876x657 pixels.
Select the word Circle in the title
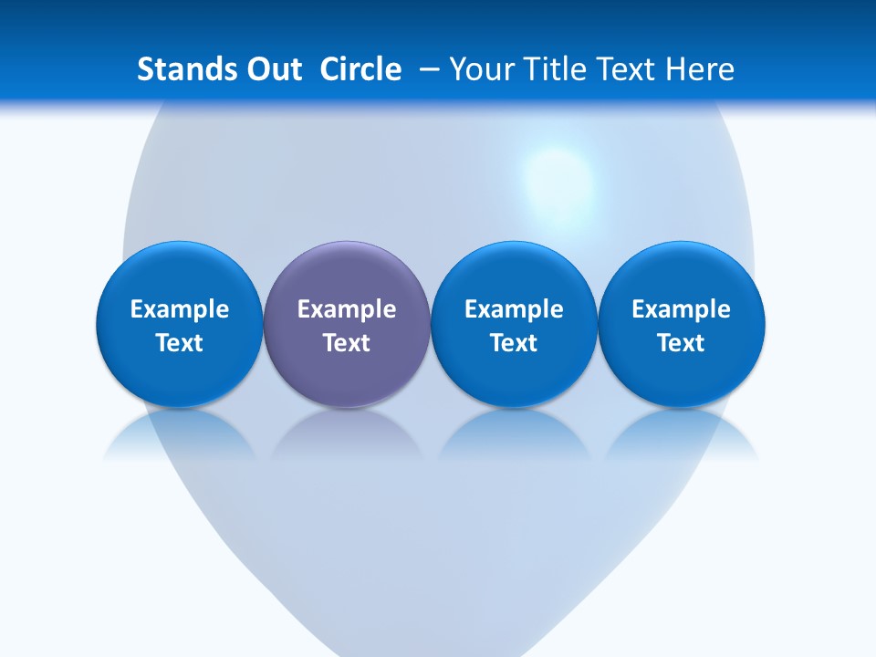tap(360, 69)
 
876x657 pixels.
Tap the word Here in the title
tap(701, 69)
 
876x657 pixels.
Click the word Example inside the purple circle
tap(347, 309)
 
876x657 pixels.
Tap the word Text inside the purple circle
tap(347, 343)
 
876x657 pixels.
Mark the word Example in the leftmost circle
tap(179, 309)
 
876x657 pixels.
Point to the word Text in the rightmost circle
tap(682, 343)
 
